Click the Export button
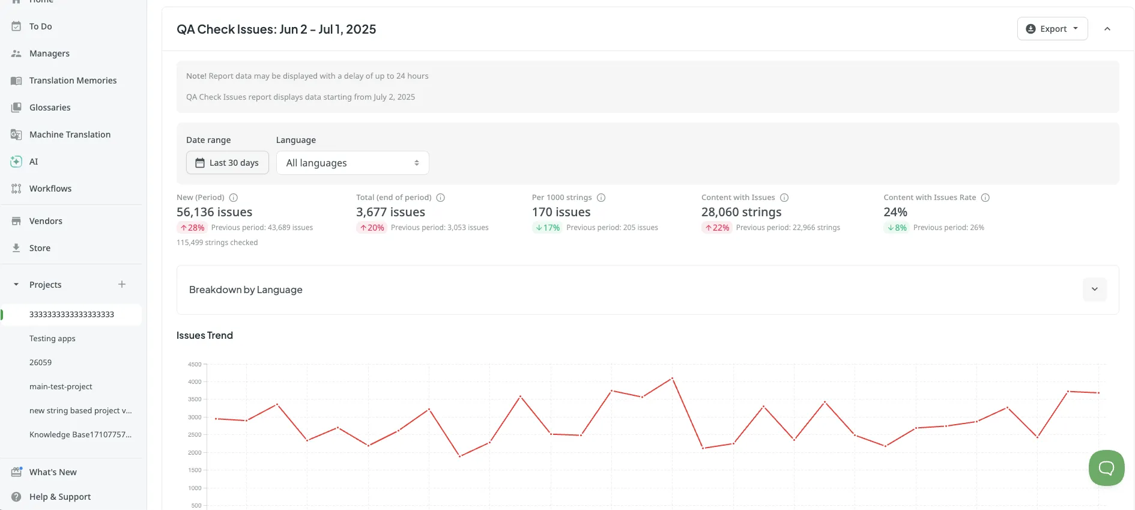coord(1052,29)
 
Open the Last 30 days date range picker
coord(227,163)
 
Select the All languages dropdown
coord(353,163)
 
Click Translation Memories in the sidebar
coord(73,80)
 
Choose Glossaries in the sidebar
coord(50,108)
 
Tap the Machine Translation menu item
coord(70,135)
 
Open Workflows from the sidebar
coord(50,189)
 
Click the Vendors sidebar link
coord(46,221)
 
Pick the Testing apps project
coord(52,339)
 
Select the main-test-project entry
coord(61,387)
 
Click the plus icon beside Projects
coord(122,284)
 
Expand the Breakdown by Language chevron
coord(1094,290)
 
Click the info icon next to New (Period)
coord(234,198)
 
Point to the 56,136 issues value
coord(214,212)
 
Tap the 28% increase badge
coord(192,228)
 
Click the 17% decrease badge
coord(547,228)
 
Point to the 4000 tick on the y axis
coord(195,382)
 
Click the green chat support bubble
coord(1106,468)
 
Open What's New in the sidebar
coord(53,472)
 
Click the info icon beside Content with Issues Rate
coord(985,198)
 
